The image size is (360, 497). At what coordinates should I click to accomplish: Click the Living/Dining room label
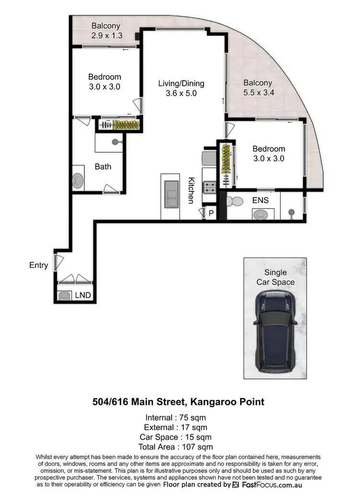point(178,84)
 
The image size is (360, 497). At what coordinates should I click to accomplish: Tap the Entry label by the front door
point(38,265)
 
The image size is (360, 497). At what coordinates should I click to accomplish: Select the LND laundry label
point(83,295)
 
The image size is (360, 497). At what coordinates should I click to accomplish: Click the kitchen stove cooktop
point(209,186)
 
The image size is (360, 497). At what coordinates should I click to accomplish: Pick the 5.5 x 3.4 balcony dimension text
point(258,94)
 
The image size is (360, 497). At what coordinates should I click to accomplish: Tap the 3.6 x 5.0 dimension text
point(178,94)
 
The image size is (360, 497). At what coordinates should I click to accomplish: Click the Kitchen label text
point(191,190)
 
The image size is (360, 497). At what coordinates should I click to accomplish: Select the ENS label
point(260,200)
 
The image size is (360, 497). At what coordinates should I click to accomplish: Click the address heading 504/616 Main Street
point(178,401)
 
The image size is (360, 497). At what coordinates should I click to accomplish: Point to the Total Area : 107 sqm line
point(178,446)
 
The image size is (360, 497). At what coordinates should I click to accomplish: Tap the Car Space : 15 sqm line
point(178,436)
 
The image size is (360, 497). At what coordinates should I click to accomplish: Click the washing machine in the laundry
point(64,296)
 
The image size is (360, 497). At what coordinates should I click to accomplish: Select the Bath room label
point(103,167)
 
